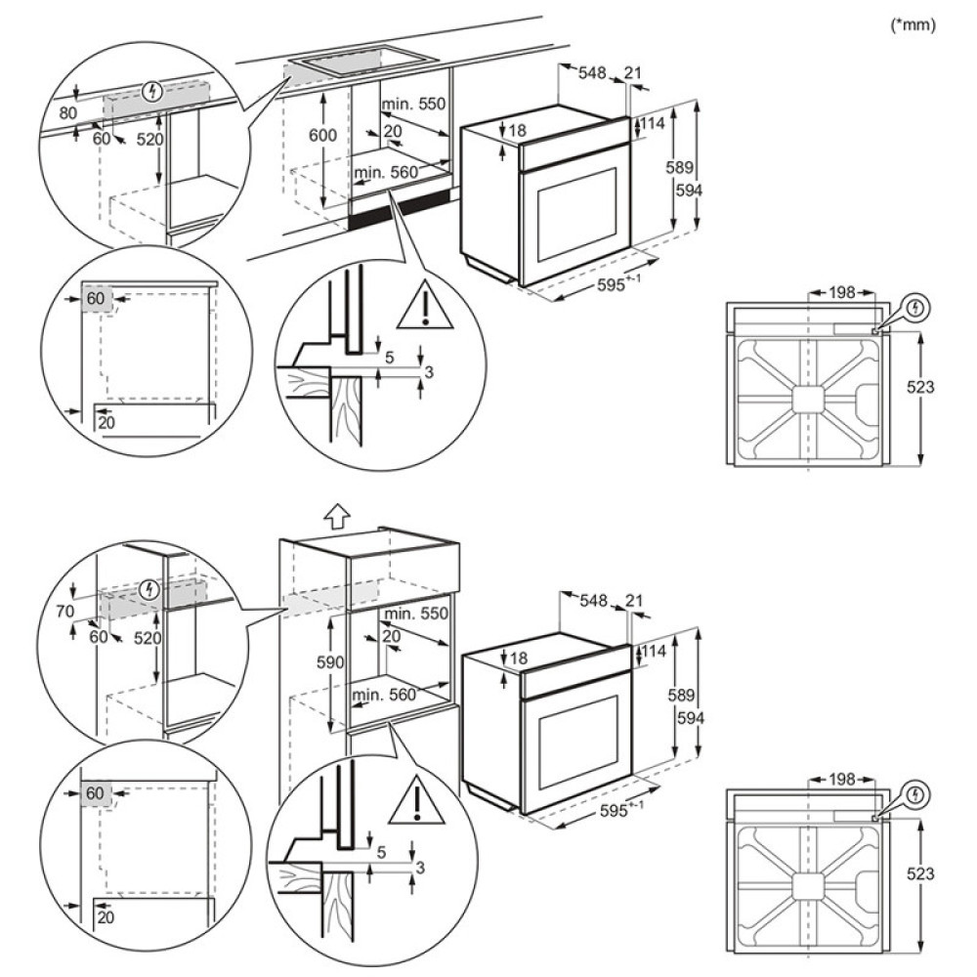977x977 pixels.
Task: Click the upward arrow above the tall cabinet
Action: pyautogui.click(x=335, y=515)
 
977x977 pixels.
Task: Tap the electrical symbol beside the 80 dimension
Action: pyautogui.click(x=150, y=93)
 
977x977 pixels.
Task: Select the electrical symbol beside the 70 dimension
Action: pyautogui.click(x=149, y=589)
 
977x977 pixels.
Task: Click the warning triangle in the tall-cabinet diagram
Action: pyautogui.click(x=417, y=802)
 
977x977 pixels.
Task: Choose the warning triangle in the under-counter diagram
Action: pyautogui.click(x=425, y=306)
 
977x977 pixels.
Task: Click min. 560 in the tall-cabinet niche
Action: pyautogui.click(x=386, y=695)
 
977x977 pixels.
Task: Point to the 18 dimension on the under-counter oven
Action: pyautogui.click(x=518, y=130)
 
